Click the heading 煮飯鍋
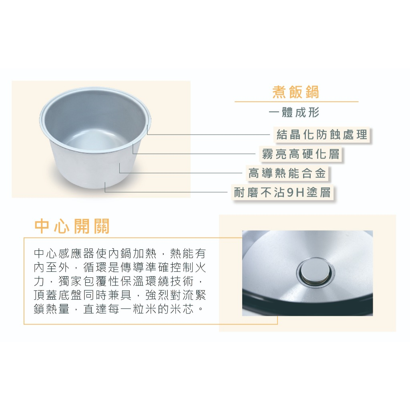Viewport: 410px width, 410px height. pyautogui.click(x=296, y=92)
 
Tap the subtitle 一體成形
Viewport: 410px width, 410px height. pyautogui.click(x=294, y=113)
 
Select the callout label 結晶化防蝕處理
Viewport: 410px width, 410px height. pyautogui.click(x=322, y=135)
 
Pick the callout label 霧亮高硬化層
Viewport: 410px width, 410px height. pyautogui.click(x=301, y=154)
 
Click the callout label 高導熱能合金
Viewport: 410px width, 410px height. pyautogui.click(x=287, y=173)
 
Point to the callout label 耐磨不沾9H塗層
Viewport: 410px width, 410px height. pyautogui.click(x=282, y=193)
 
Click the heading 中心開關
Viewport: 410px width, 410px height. pyautogui.click(x=72, y=226)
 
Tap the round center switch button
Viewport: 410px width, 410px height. pyautogui.click(x=316, y=272)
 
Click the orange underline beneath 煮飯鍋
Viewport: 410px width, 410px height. pyautogui.click(x=296, y=101)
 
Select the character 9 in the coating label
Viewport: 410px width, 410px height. pyautogui.click(x=290, y=193)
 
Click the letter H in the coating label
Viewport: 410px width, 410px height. pyautogui.click(x=300, y=193)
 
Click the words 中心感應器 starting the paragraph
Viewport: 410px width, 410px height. pyautogui.click(x=64, y=253)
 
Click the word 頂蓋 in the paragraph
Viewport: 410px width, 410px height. pyautogui.click(x=46, y=295)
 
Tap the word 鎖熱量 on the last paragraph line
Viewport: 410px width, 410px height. pyautogui.click(x=52, y=310)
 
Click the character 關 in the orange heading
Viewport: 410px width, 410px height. pyautogui.click(x=100, y=226)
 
